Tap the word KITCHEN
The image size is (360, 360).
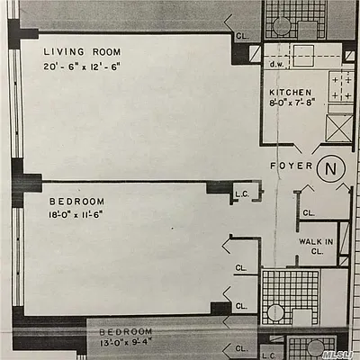[x=291, y=93]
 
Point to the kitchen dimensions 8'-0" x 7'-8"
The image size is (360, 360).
[x=292, y=104]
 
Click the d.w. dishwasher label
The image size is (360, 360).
[x=277, y=66]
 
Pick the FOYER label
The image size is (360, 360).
[x=291, y=166]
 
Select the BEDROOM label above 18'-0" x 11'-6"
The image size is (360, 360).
[x=77, y=200]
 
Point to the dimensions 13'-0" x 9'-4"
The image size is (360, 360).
[x=130, y=343]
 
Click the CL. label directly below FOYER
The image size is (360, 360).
[x=309, y=213]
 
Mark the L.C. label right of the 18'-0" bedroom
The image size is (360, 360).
[x=241, y=193]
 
